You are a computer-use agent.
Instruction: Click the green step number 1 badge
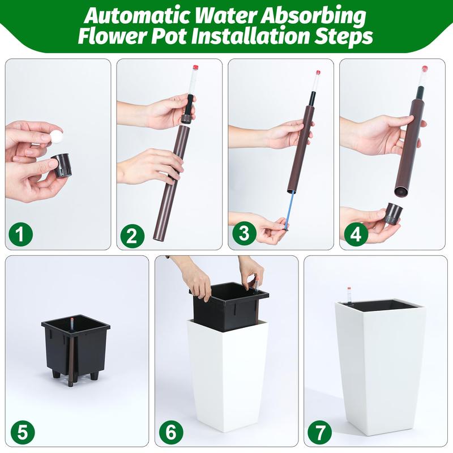tap(20, 233)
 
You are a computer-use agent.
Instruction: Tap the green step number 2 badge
tap(132, 235)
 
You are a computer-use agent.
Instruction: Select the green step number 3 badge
tap(244, 233)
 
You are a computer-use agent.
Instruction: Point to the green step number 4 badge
tap(356, 233)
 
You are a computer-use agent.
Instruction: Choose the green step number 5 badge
tap(22, 433)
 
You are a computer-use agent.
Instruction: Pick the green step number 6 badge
tap(171, 433)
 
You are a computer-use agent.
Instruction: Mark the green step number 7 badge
tap(320, 433)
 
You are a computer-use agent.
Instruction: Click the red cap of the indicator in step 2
tap(195, 67)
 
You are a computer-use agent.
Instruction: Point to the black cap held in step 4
tap(394, 214)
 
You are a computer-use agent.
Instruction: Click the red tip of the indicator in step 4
tap(424, 69)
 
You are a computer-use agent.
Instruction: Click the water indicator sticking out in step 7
tap(349, 295)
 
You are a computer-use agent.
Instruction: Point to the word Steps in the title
tap(344, 37)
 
